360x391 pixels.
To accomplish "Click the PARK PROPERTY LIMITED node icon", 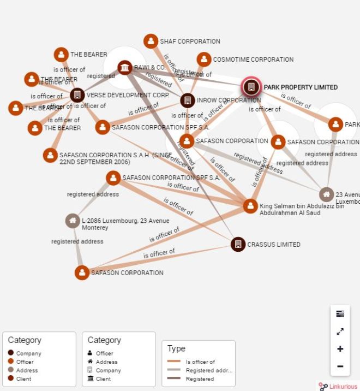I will click(x=251, y=87).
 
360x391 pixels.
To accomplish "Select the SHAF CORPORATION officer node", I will click(x=151, y=41).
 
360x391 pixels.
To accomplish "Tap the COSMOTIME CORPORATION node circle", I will click(x=204, y=60).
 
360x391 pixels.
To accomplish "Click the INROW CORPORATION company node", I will click(x=188, y=100).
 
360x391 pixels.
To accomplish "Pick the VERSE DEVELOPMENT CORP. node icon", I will click(x=77, y=95).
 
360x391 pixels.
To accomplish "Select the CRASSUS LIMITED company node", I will click(x=238, y=244).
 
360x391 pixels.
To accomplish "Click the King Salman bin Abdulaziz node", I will click(x=250, y=206).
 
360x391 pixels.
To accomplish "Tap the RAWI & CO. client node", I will click(x=125, y=68).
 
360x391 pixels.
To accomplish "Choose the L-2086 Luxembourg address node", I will click(x=72, y=221).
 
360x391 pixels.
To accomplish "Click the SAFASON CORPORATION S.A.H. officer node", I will click(x=50, y=155).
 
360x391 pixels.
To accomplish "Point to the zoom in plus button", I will click(x=340, y=349).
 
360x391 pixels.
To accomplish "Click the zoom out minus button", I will click(x=340, y=366).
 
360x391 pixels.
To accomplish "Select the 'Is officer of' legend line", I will click(x=174, y=362).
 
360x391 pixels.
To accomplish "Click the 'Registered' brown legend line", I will click(x=174, y=378).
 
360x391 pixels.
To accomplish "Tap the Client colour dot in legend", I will click(x=11, y=378).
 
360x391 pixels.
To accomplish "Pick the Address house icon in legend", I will click(x=90, y=362).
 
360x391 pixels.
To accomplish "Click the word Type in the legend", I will click(x=176, y=348).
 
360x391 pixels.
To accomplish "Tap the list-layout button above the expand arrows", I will click(x=340, y=313).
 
